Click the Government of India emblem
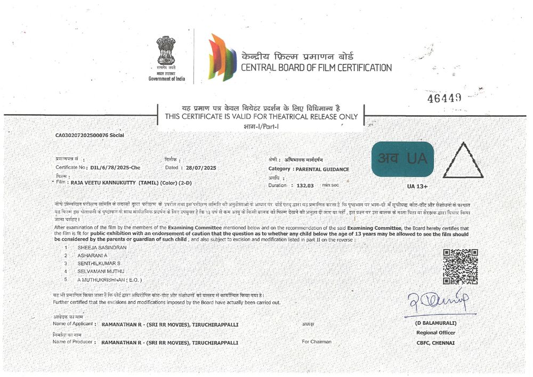coord(166,53)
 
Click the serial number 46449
coord(444,98)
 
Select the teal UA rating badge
coord(403,159)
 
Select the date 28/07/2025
coord(198,167)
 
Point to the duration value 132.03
coord(305,185)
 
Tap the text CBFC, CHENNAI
coord(436,343)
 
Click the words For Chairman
coord(317,342)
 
